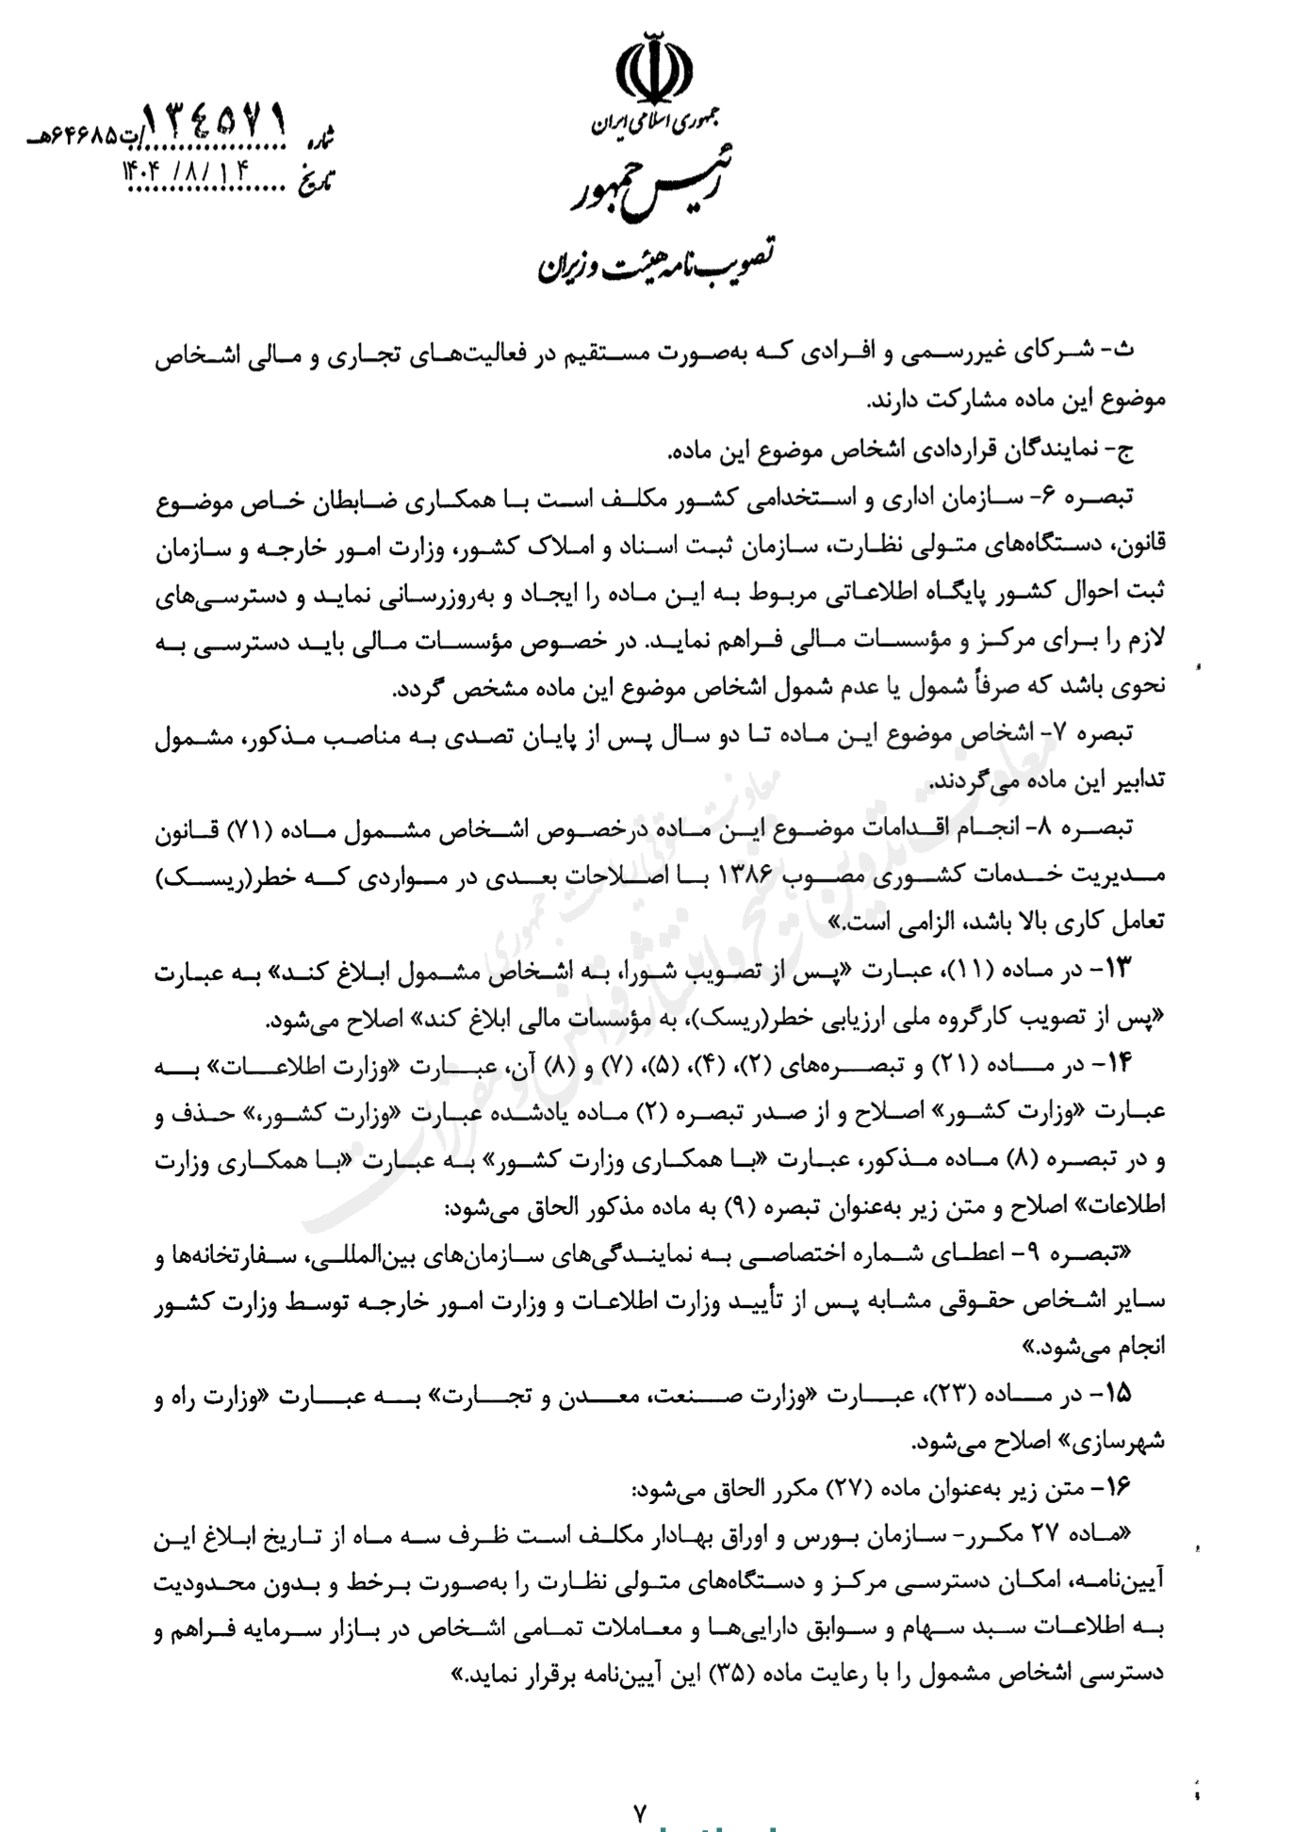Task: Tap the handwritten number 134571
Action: point(214,122)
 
